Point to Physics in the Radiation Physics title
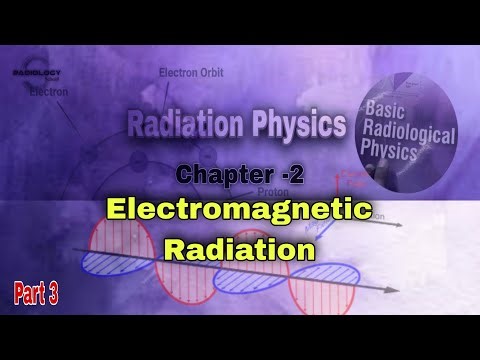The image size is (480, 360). [x=295, y=124]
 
